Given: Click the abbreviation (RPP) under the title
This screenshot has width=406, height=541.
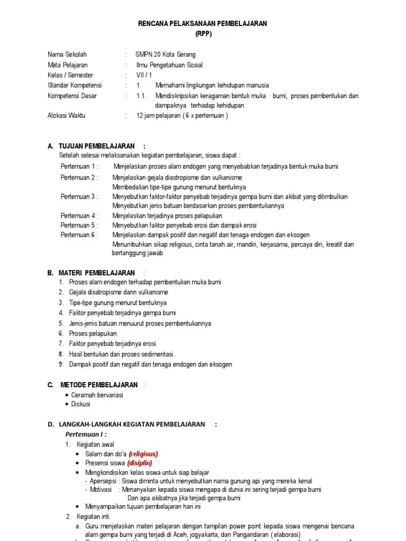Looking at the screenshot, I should click(203, 34).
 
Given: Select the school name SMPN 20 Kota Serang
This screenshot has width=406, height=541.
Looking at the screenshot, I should click(165, 55).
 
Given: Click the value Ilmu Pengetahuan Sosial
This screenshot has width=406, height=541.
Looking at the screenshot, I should click(169, 65).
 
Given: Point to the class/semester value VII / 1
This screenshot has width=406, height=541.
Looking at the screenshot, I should click(144, 75).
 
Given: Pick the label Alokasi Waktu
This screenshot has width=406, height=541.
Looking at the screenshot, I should click(66, 116).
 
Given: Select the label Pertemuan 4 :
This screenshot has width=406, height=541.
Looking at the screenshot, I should click(79, 216).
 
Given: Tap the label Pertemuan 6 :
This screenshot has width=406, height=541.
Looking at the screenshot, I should click(79, 235).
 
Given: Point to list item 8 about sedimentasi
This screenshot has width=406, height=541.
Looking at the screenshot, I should click(121, 355).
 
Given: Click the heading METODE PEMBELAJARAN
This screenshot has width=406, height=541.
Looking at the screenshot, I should click(99, 385).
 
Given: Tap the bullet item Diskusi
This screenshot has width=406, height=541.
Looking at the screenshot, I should click(81, 404).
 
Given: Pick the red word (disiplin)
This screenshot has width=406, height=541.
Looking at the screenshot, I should click(139, 463).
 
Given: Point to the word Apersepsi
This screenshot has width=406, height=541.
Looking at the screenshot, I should click(102, 481).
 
